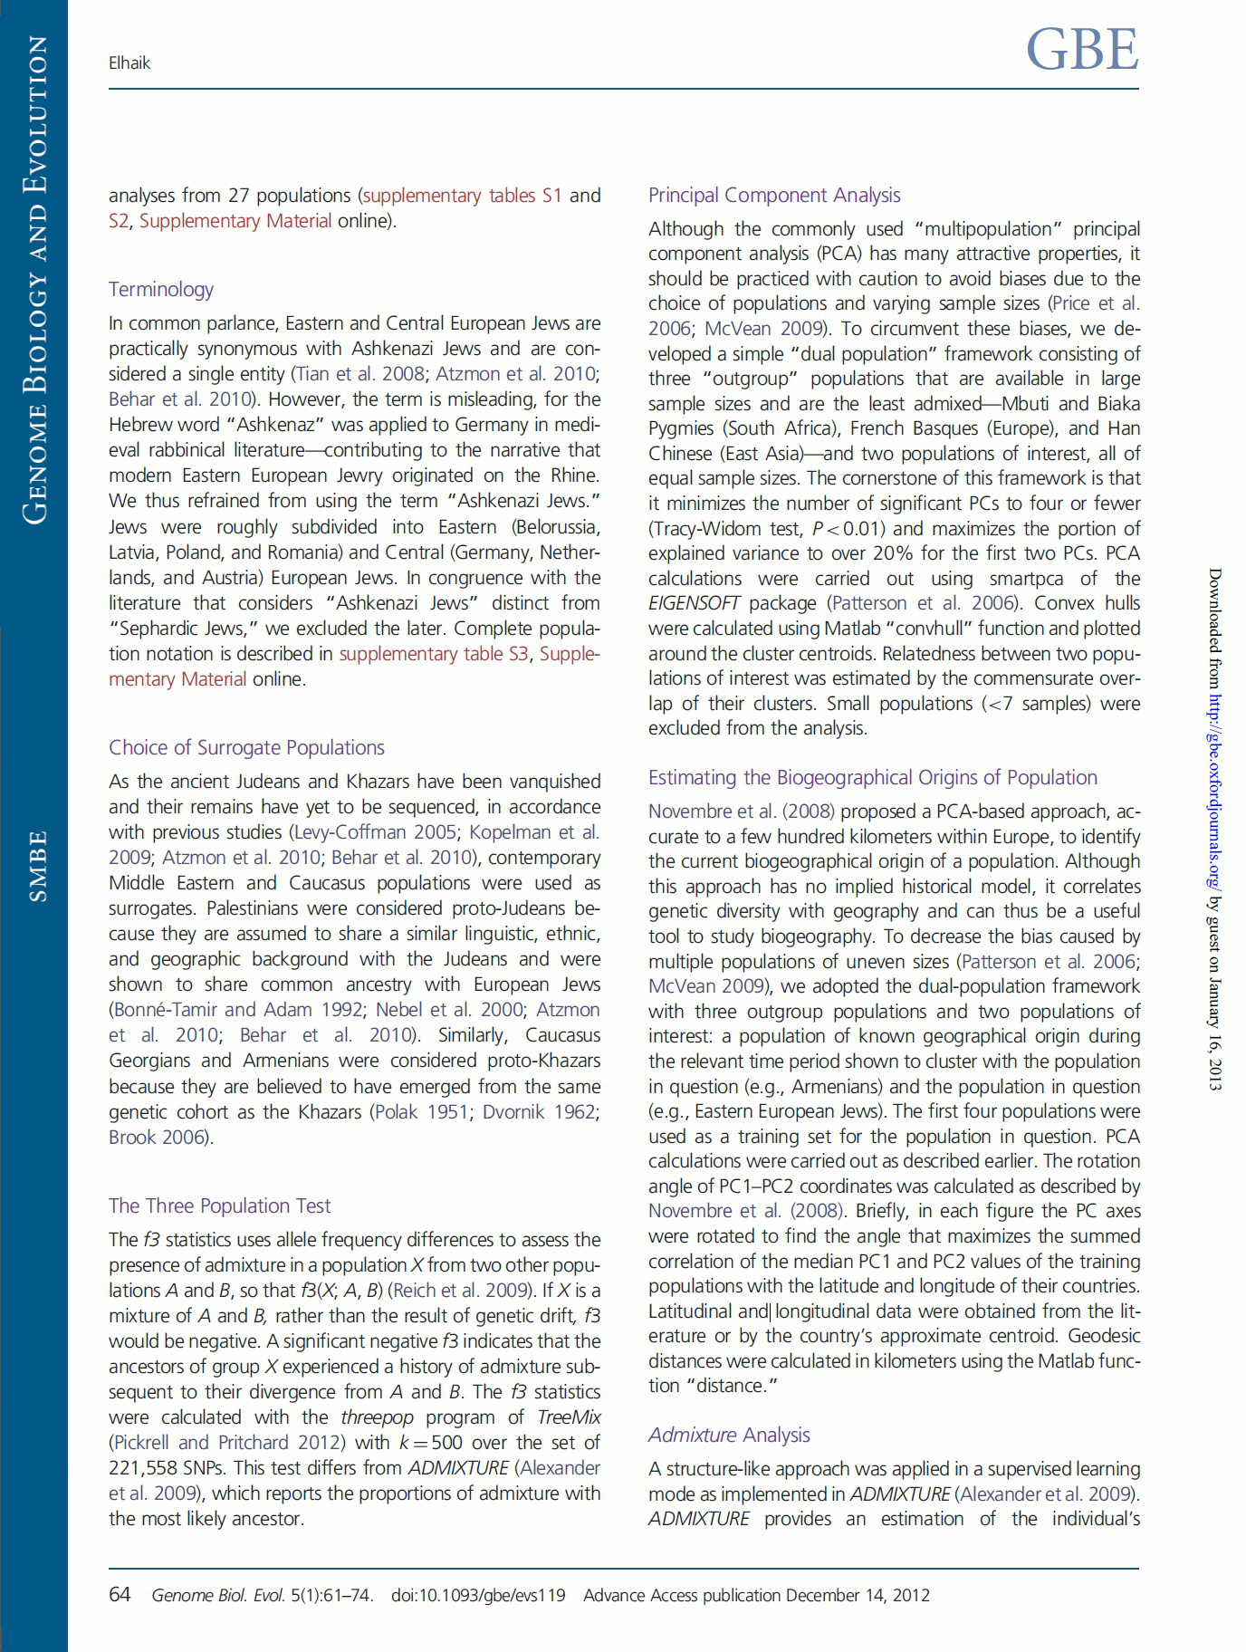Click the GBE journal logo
(1082, 50)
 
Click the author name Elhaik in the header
(129, 63)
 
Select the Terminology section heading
(161, 289)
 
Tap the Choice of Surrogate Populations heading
(246, 747)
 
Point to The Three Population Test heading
(219, 1205)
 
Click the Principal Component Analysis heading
(774, 195)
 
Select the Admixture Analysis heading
(729, 1435)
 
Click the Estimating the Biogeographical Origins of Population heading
(872, 777)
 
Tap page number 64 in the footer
(120, 1595)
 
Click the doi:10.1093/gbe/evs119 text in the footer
(478, 1596)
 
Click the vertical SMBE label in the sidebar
(37, 866)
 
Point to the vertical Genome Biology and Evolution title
(35, 281)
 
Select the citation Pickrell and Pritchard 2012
(227, 1443)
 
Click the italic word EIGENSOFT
(695, 603)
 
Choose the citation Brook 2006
(158, 1137)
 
